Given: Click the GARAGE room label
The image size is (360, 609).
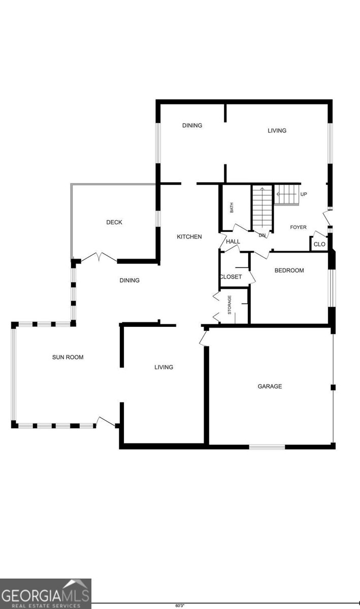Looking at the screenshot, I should coord(270,387).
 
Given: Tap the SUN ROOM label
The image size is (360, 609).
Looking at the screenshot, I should coord(68,357).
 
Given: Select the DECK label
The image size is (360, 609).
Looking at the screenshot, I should coord(114,222).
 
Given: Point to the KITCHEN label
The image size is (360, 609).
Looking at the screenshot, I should coord(189,237).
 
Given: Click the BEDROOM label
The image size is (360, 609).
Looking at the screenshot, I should coord(289,270).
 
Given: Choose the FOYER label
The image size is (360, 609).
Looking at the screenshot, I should coord(298,227).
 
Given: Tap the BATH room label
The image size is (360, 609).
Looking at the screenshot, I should coord(232,208).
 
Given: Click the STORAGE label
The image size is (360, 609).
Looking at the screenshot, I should coord(230,304).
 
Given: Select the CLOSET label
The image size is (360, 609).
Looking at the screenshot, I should coord(231,277).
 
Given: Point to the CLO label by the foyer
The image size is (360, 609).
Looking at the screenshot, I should coord(319,245).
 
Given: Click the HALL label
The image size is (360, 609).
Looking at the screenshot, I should coord(233,242).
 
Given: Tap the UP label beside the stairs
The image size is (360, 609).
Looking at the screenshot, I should coord(304,195).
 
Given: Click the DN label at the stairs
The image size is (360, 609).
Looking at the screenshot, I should coord(262,235).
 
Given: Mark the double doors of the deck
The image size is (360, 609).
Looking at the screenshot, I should coord(99,257).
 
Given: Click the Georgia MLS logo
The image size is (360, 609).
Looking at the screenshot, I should coord(46,593).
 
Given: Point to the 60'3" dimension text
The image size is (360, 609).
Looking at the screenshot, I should coord(180,605).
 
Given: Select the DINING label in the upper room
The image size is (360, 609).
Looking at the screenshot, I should coord(192,125).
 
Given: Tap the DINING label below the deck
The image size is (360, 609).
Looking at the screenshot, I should coord(129,281).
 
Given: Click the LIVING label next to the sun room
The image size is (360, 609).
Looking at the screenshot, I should coord(164,367).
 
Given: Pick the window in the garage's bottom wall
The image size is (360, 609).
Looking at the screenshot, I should coord(267,447).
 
